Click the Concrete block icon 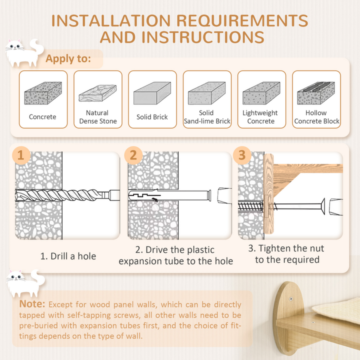click(x=42, y=93)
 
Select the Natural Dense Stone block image click(x=97, y=93)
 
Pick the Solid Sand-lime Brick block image click(x=206, y=93)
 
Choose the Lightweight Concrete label click(x=261, y=117)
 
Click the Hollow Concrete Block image click(x=316, y=93)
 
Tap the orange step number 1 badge click(x=20, y=154)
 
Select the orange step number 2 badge click(x=132, y=154)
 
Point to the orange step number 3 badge click(x=242, y=154)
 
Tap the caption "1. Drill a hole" click(x=68, y=256)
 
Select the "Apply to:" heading click(x=68, y=58)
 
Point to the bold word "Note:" click(x=32, y=304)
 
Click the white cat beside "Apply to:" click(x=23, y=53)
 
